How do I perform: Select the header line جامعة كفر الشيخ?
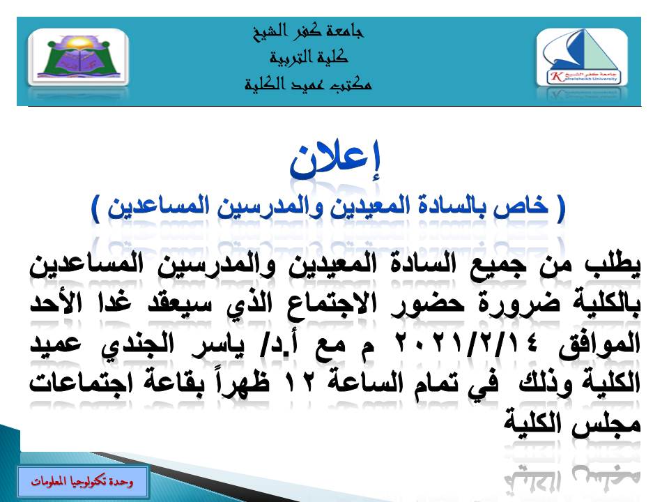[307, 31]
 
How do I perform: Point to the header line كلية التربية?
[307, 58]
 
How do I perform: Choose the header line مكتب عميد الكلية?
[307, 85]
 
